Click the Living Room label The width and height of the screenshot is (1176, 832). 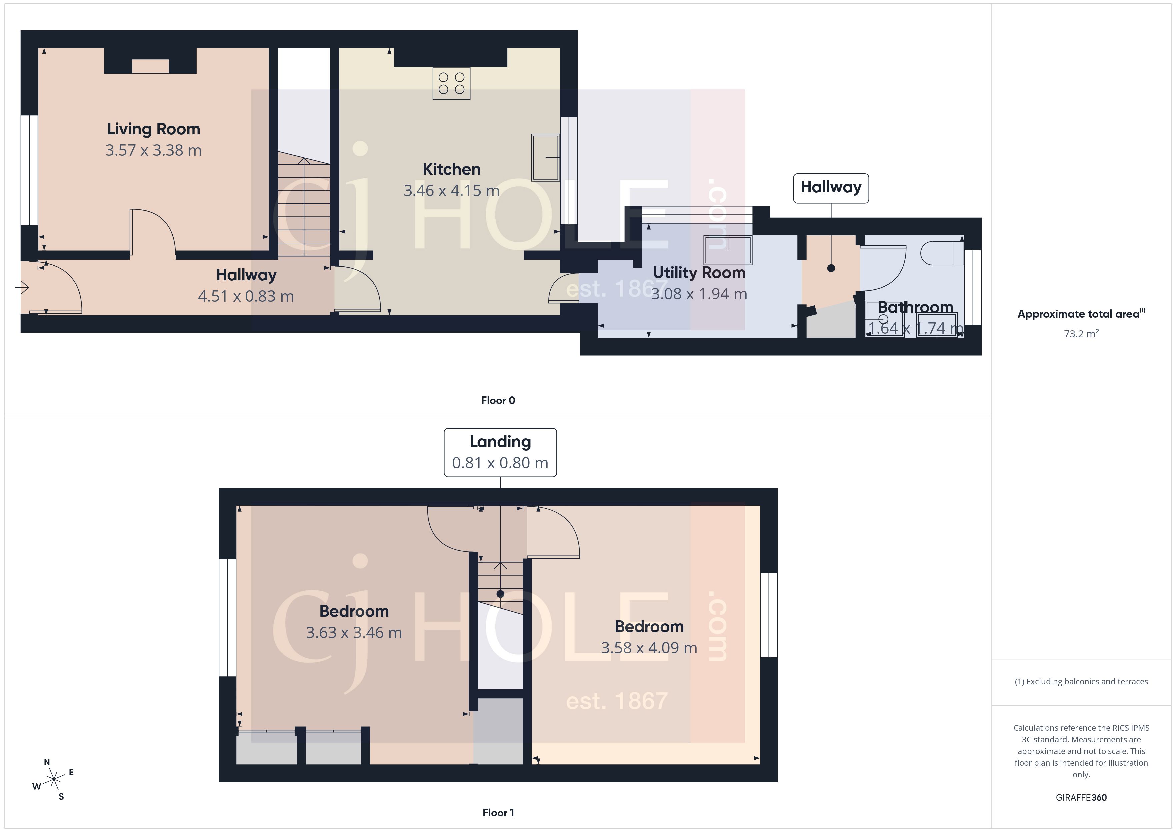point(153,129)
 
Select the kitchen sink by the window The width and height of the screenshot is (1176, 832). point(545,157)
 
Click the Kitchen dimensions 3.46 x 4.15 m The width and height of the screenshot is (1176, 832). point(451,191)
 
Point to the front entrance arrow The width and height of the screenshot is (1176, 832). point(22,288)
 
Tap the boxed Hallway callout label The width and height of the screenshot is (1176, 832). point(830,188)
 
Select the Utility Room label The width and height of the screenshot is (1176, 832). point(699,273)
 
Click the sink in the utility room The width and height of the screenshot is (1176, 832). point(727,249)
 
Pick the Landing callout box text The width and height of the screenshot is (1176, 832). point(500,442)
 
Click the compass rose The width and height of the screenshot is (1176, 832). point(53,780)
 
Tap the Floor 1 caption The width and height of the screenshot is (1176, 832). point(498,813)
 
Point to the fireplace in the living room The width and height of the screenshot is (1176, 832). point(150,66)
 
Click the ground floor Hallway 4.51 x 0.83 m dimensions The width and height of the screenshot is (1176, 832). point(246,296)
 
